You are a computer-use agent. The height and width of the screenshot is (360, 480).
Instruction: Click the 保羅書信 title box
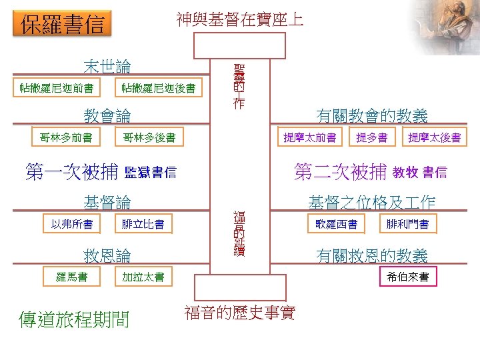click(x=63, y=25)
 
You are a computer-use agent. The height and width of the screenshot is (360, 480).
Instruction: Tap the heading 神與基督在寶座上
click(x=240, y=19)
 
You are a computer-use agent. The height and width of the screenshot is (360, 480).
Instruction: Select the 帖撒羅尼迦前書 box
click(x=57, y=87)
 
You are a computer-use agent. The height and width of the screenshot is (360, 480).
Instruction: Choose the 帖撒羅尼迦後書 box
click(x=159, y=87)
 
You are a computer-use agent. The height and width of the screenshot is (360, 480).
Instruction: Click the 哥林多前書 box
click(x=66, y=138)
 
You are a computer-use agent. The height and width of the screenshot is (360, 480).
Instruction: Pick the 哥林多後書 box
click(x=149, y=138)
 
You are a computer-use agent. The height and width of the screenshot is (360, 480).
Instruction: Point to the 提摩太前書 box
click(x=309, y=138)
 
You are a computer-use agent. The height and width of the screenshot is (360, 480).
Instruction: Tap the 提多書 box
click(x=371, y=138)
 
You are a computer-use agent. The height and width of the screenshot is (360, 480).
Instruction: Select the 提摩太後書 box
click(x=434, y=138)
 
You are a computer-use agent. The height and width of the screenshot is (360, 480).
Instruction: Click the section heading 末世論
click(x=107, y=66)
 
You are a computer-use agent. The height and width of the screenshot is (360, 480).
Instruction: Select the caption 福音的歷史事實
click(x=240, y=313)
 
